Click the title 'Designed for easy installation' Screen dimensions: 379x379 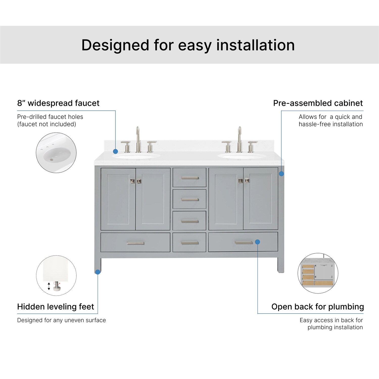point(188,45)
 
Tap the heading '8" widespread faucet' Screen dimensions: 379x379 point(58,103)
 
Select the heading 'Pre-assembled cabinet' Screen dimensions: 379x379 point(318,103)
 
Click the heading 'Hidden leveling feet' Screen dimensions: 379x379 point(56,306)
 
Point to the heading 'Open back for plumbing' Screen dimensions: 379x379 point(318,306)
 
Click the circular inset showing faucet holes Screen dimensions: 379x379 point(56,153)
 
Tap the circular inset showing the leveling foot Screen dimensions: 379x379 point(56,275)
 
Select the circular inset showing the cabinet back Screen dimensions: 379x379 point(318,273)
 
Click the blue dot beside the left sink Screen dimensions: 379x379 point(115,151)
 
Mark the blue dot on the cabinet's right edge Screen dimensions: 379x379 point(281,174)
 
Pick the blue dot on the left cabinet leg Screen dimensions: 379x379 point(98,272)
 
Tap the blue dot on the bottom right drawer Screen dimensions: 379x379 point(257,242)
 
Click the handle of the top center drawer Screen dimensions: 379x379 point(190,178)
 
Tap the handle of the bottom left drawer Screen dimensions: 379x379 point(135,243)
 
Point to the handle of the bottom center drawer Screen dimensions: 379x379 point(190,243)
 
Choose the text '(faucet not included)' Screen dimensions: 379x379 point(46,124)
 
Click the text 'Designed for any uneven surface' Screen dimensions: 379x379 point(61,320)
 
